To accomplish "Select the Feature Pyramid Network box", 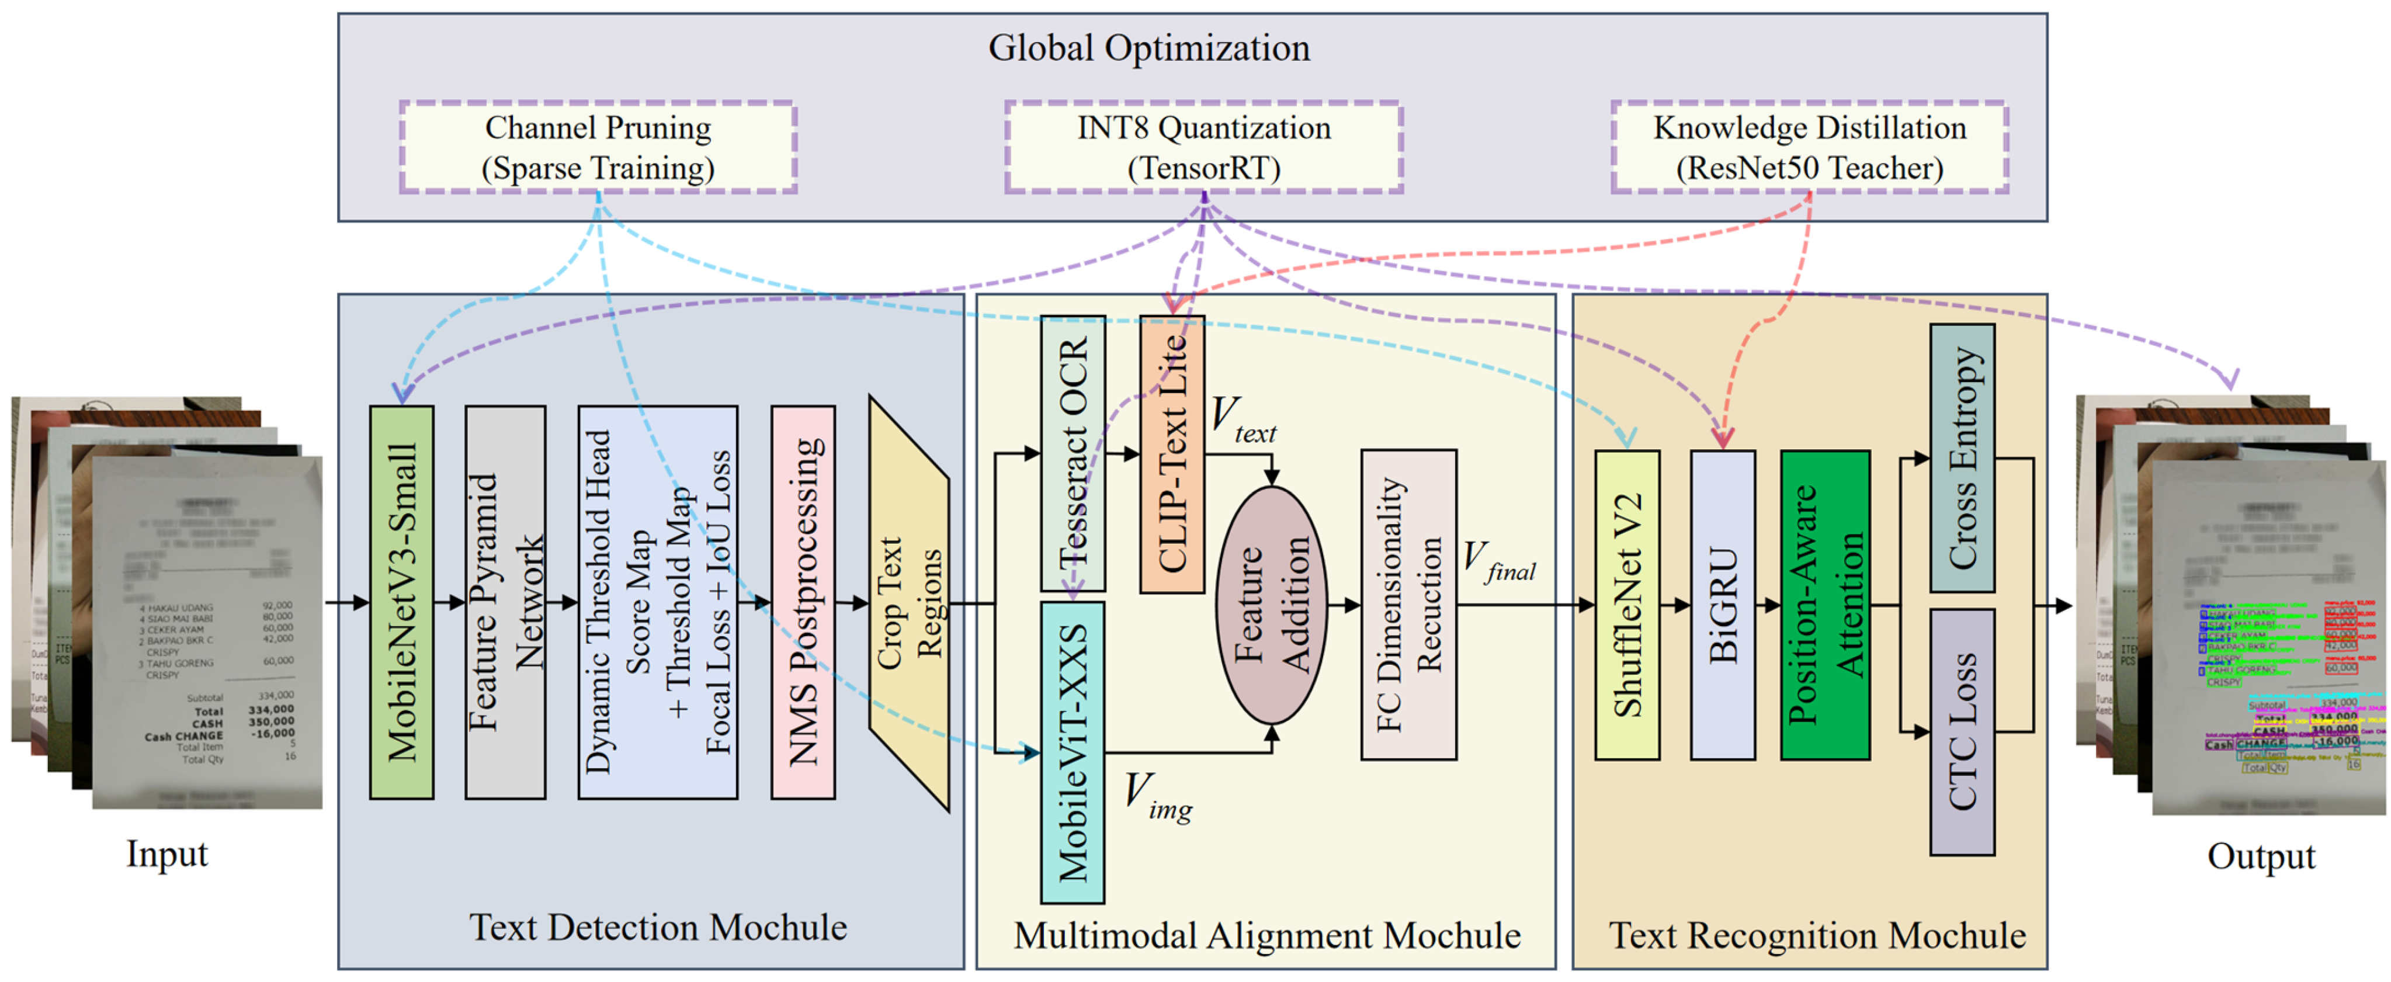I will pos(504,602).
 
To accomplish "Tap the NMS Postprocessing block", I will pos(802,602).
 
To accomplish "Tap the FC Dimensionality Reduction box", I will pos(1408,604).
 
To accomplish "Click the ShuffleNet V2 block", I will pos(1626,604).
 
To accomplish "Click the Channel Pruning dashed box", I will pos(598,147).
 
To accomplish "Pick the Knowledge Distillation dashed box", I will pos(1809,147).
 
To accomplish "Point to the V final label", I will pos(1498,561).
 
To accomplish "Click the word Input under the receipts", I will pos(167,853).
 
